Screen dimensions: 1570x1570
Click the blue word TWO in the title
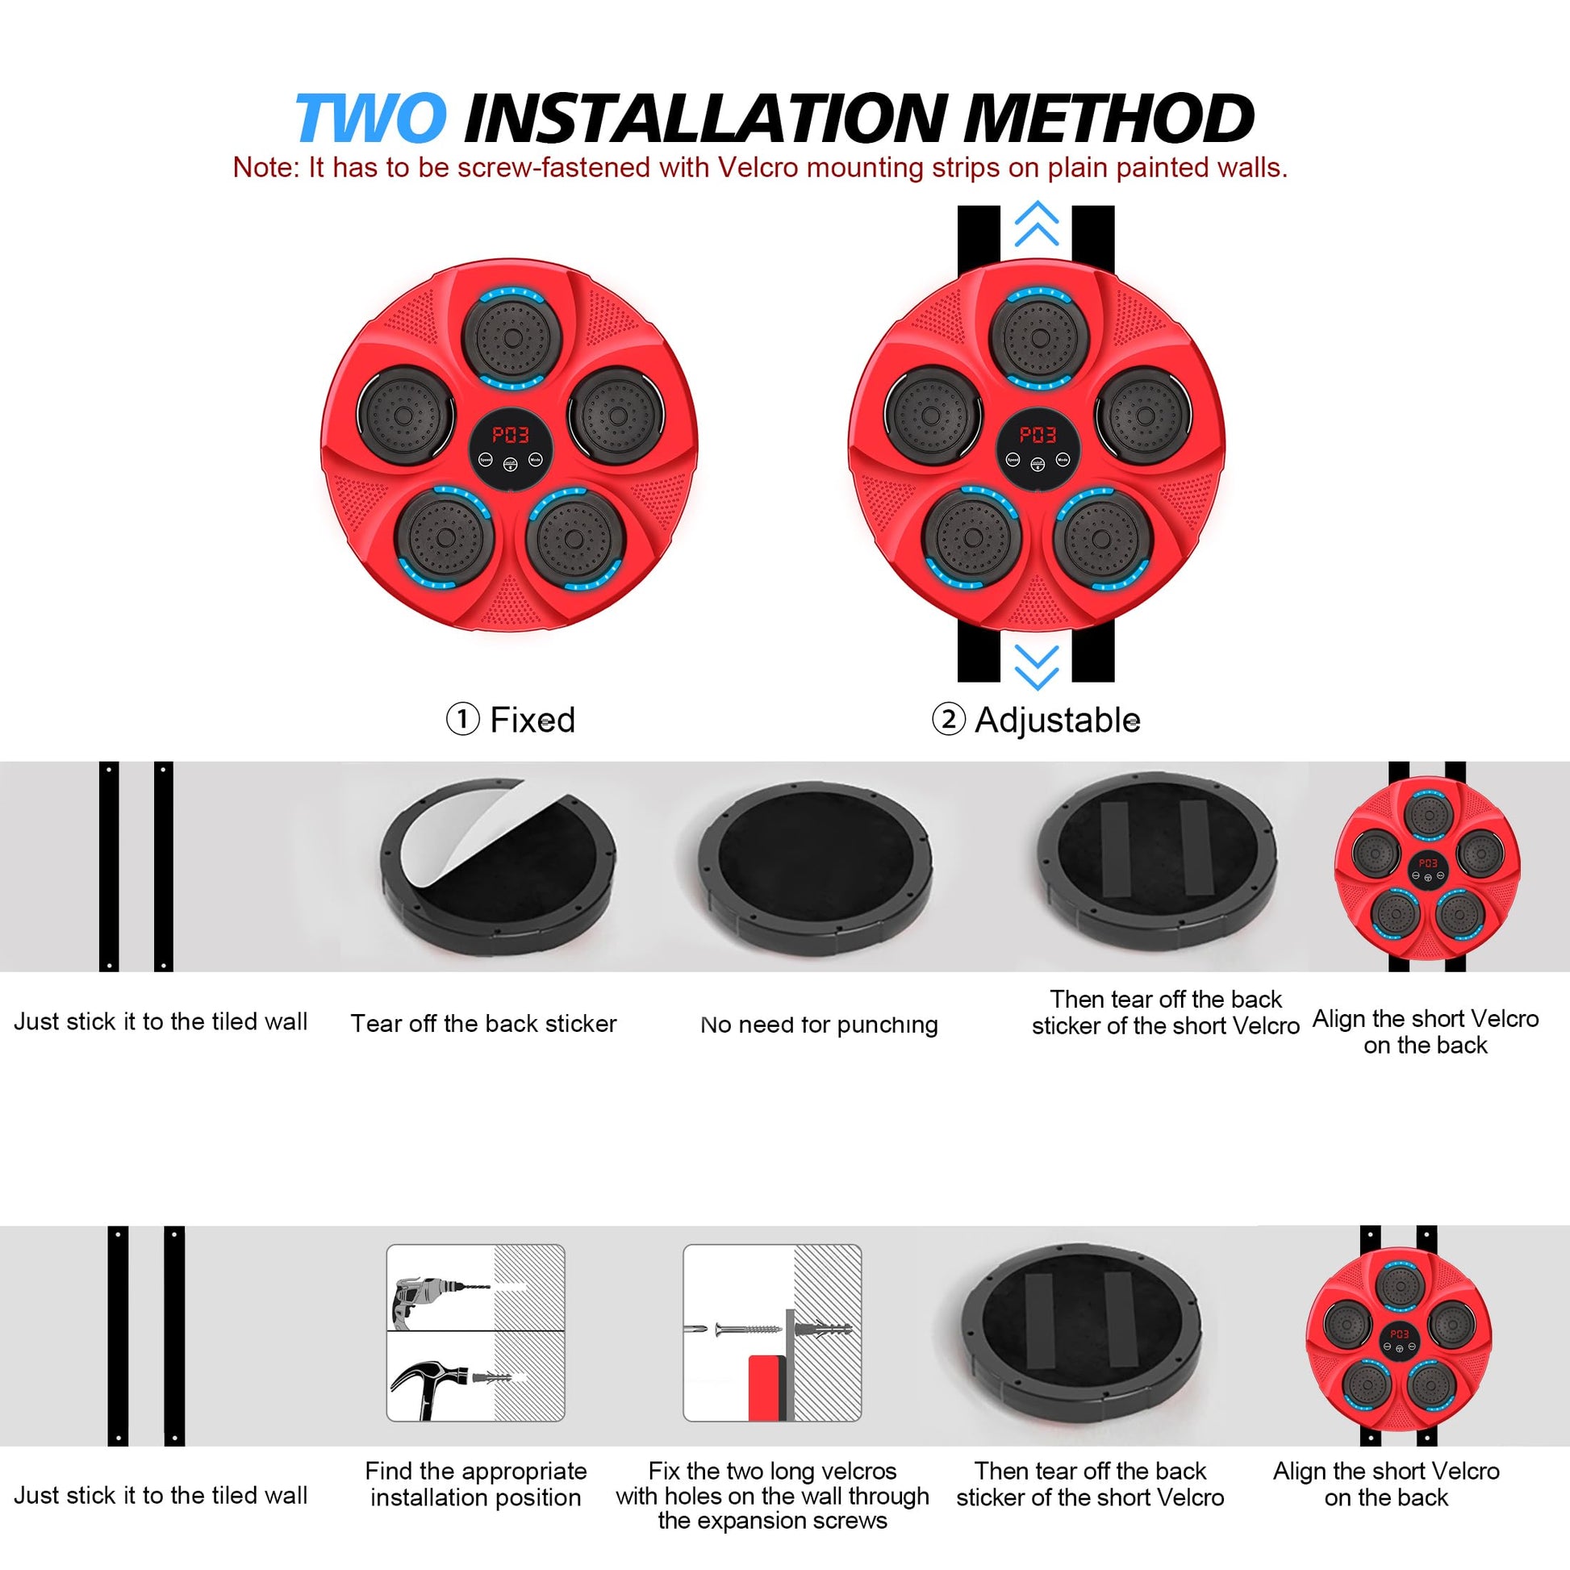tap(370, 118)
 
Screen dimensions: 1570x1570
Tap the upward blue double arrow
tap(1037, 223)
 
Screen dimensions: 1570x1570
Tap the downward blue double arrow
tap(1037, 668)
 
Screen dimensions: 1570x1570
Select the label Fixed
tap(532, 720)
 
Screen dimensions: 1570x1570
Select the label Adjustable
tap(1057, 720)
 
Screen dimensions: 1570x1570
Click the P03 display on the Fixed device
tap(511, 435)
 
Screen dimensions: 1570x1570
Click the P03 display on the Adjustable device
tap(1038, 435)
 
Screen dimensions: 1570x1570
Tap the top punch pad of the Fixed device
tap(512, 337)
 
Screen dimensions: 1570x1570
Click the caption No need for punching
tap(819, 1025)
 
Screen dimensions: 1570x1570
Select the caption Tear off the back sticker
tap(483, 1023)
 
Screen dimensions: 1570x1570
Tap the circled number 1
tap(462, 720)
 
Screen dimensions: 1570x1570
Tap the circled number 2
tap(948, 720)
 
